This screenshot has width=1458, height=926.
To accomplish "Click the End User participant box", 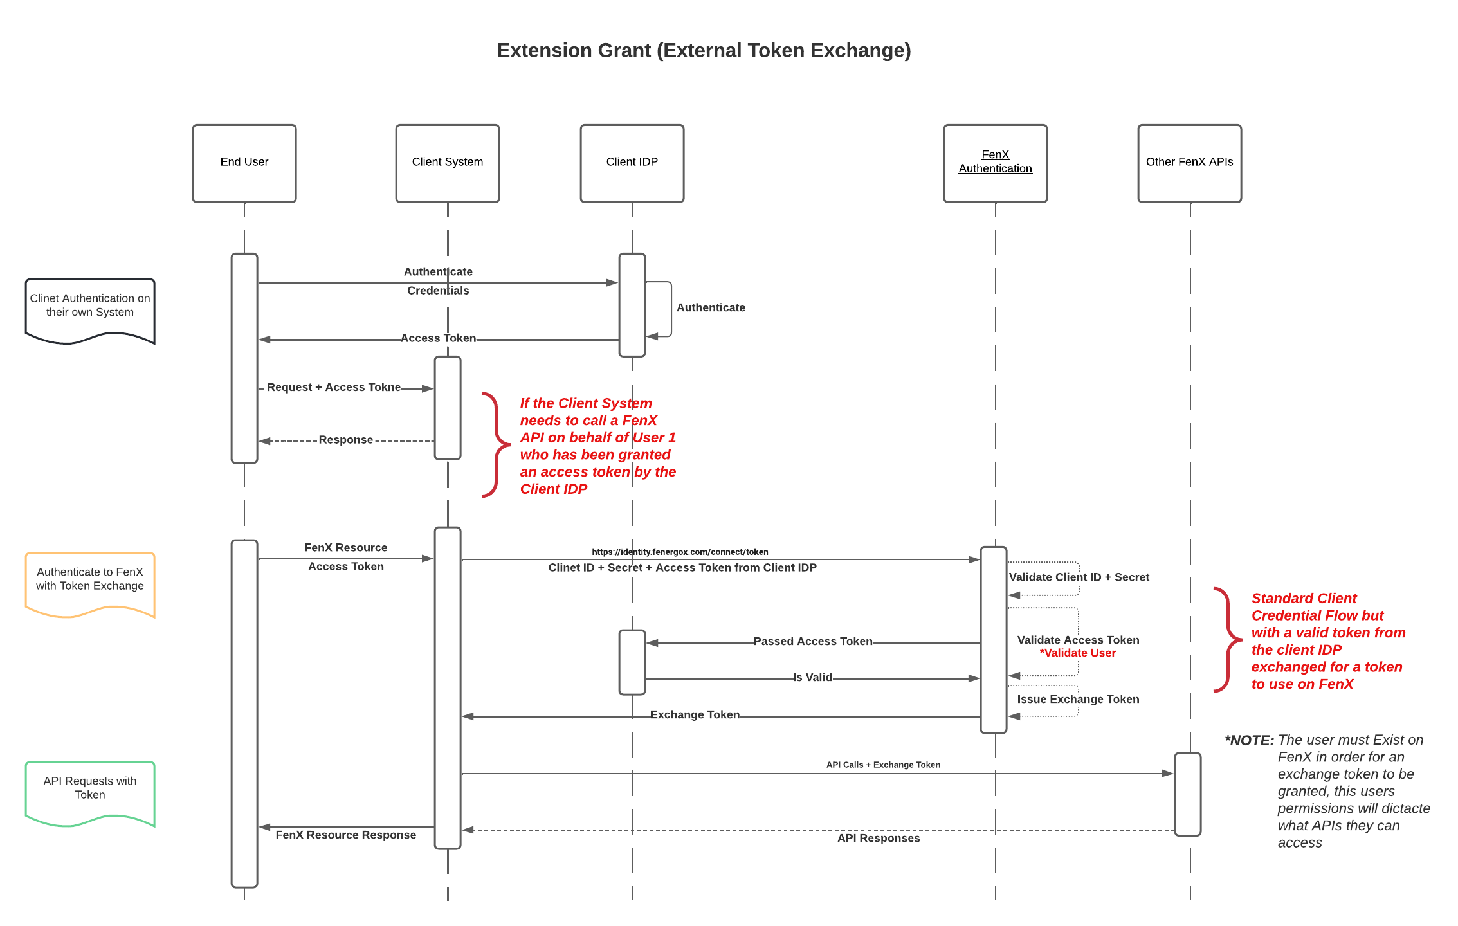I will point(244,163).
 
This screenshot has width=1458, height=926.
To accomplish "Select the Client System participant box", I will point(448,163).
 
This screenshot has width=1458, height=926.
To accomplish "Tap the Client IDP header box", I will point(632,163).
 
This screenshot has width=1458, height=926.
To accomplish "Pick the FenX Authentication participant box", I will point(995,163).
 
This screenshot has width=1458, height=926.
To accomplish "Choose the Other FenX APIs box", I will point(1189,163).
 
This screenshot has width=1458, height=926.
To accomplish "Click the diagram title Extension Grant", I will point(704,51).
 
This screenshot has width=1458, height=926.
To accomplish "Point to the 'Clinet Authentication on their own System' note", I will point(90,307).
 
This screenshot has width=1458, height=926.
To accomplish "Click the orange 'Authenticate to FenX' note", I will point(90,580).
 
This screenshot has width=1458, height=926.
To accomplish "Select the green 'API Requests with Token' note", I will point(90,789).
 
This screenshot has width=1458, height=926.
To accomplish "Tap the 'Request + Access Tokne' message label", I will point(334,387).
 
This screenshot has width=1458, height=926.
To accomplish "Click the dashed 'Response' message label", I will point(346,440).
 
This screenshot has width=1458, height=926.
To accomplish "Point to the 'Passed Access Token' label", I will point(813,641).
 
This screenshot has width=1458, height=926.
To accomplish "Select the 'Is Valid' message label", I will point(812,677).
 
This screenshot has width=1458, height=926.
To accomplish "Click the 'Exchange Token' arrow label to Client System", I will point(695,714).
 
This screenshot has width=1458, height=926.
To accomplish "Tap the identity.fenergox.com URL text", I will point(680,552).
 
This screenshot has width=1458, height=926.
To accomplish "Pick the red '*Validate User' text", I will point(1077,653).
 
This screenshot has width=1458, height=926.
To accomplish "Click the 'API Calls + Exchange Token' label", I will point(883,765).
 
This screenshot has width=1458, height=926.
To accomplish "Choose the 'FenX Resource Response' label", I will point(346,835).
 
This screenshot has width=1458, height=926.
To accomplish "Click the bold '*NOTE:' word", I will point(1249,741).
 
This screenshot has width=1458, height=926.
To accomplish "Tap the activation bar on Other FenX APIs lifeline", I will point(1188,794).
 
